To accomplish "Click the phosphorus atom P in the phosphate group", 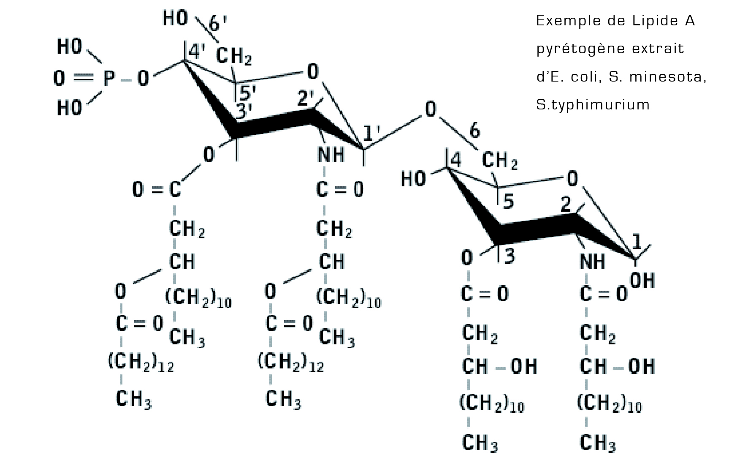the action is [x=109, y=79].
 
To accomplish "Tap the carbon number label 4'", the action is [x=196, y=52].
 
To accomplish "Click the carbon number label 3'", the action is [x=244, y=112].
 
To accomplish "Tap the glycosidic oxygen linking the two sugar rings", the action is [x=430, y=109].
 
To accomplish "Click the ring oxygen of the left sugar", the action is [x=313, y=72].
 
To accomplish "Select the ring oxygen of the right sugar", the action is [x=572, y=179].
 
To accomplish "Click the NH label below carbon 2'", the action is [x=331, y=155].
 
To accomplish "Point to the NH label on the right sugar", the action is [x=593, y=262].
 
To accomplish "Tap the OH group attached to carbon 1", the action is [x=642, y=281].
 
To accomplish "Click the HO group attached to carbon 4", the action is [x=413, y=179].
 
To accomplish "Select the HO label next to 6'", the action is [x=175, y=19].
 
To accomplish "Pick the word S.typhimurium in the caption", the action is [x=593, y=105].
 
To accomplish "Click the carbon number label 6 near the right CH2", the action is [x=475, y=131].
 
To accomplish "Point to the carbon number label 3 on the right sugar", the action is [x=510, y=256].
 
